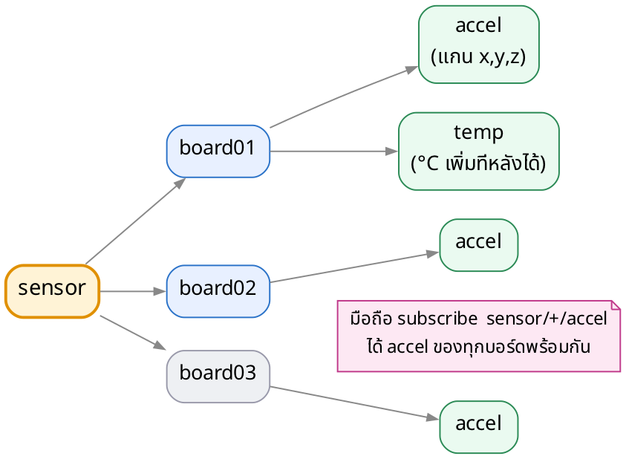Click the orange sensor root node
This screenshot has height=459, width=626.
coord(52,291)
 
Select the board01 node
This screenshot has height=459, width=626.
coord(218,152)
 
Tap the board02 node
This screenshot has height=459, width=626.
coord(218,291)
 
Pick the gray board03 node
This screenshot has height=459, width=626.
coord(218,377)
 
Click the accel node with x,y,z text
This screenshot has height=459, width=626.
coord(479,45)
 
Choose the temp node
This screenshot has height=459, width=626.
coord(479,152)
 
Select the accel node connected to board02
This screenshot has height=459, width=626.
coord(479,245)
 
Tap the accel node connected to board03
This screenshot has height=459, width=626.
coord(479,427)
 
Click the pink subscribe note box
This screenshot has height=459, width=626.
coord(479,336)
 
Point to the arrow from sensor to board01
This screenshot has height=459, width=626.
coord(136,221)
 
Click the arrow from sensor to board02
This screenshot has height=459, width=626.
coord(133,291)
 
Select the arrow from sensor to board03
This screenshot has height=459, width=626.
coord(133,333)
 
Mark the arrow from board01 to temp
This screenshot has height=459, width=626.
coord(334,152)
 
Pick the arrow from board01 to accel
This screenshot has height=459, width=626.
coord(344,97)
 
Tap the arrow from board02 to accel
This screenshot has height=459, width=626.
coord(355,267)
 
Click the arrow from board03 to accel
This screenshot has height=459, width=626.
coord(355,403)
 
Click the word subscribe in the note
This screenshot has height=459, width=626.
coord(437,319)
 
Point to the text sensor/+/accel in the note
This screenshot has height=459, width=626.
coord(547,319)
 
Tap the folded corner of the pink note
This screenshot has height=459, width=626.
coord(616,305)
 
